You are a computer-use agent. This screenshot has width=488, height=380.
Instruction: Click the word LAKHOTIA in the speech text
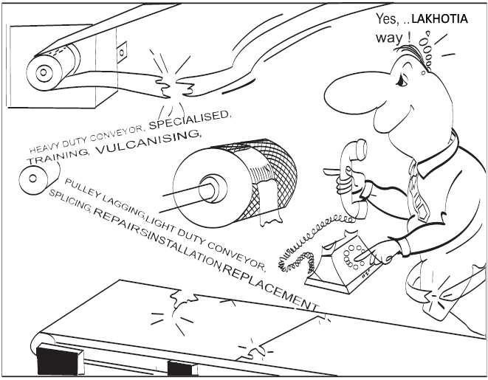(x=439, y=19)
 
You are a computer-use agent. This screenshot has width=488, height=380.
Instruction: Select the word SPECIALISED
(x=190, y=120)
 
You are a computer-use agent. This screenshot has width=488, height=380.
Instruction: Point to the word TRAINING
(x=59, y=156)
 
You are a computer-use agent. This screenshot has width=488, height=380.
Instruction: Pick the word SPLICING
(x=70, y=201)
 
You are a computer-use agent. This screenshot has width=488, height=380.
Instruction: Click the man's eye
(x=402, y=80)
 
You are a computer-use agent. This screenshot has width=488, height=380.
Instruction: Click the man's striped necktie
(x=419, y=192)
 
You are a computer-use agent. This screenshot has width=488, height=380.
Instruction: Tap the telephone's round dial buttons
(x=354, y=255)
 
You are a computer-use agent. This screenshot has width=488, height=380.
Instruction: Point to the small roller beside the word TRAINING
(x=34, y=179)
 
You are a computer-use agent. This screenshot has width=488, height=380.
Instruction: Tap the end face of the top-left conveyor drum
(x=44, y=73)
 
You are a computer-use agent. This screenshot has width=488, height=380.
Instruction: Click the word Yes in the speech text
(x=387, y=19)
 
